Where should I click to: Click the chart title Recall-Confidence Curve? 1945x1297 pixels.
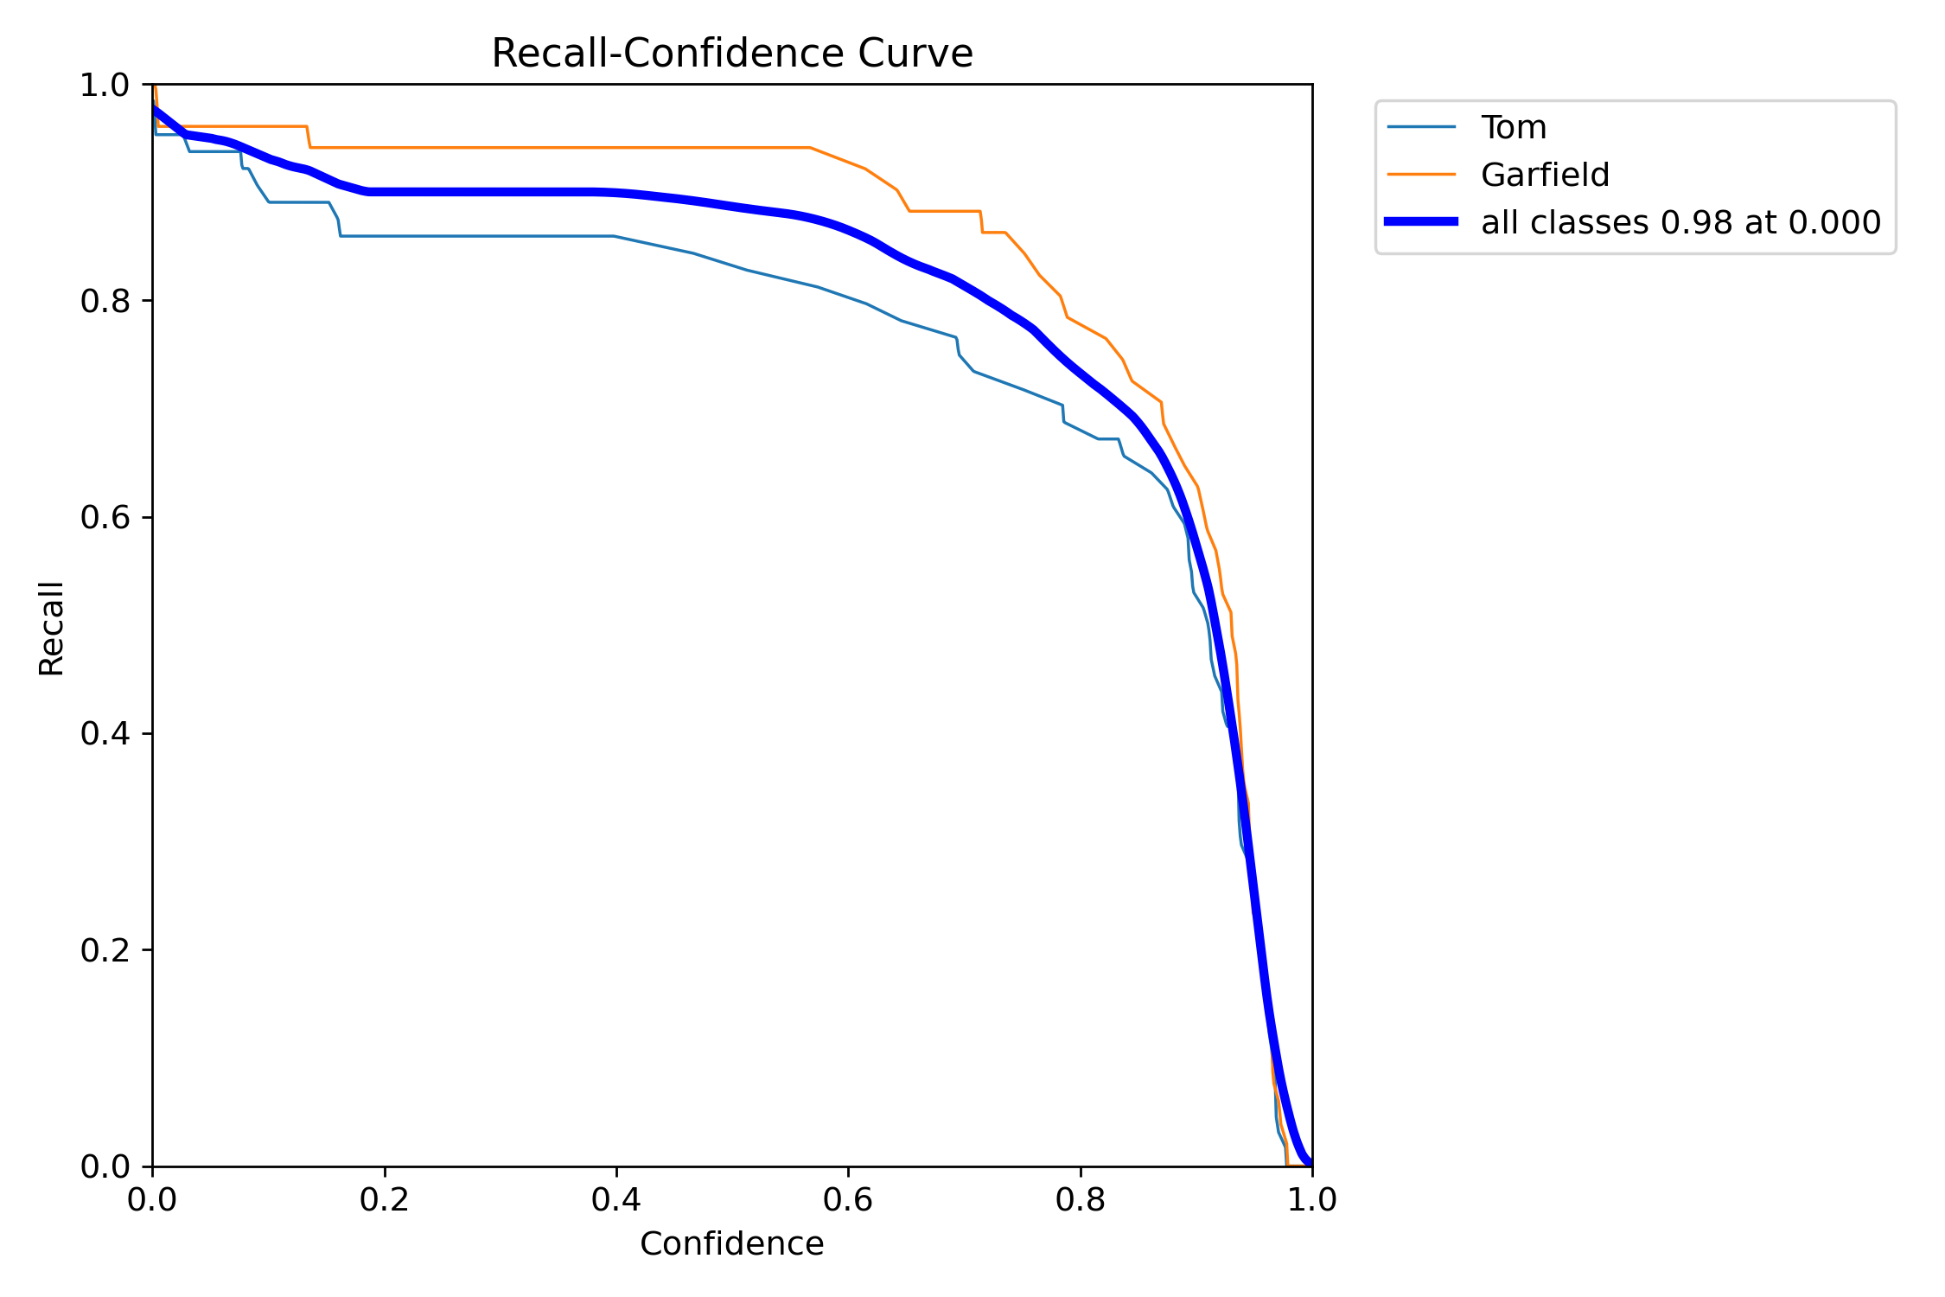[x=731, y=54]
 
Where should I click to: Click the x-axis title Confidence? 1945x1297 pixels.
[x=731, y=1244]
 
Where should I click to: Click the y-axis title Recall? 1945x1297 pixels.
[x=52, y=628]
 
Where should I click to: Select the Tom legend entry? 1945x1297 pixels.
[x=1513, y=128]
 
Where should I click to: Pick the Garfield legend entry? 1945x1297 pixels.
[x=1545, y=176]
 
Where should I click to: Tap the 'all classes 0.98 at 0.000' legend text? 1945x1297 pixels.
[x=1680, y=223]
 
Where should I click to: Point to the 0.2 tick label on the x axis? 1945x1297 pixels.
[x=384, y=1200]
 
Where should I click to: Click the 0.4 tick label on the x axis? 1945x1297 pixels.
[x=615, y=1200]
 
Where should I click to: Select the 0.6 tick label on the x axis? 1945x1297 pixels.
[x=848, y=1200]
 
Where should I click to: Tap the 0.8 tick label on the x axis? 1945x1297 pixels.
[x=1080, y=1200]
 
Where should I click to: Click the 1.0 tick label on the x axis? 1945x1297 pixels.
[x=1312, y=1200]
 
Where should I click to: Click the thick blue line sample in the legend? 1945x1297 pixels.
[x=1421, y=222]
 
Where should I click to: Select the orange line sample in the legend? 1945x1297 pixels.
[x=1421, y=175]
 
